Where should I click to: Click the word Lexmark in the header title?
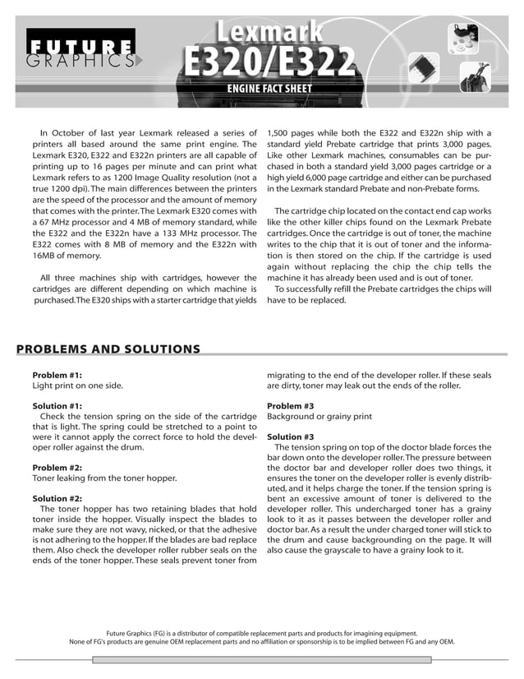coord(269,32)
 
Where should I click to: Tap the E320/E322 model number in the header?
coord(269,62)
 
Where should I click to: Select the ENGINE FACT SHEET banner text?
coord(269,89)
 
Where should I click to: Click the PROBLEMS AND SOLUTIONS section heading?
coord(108,349)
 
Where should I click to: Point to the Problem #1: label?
coord(57,375)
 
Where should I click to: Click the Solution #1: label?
coord(57,406)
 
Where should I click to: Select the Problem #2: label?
coord(57,467)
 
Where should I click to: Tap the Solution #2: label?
coord(57,498)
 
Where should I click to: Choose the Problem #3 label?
coord(291,406)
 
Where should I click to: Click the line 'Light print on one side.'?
coord(79,386)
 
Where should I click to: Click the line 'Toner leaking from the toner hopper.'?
coord(104,478)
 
